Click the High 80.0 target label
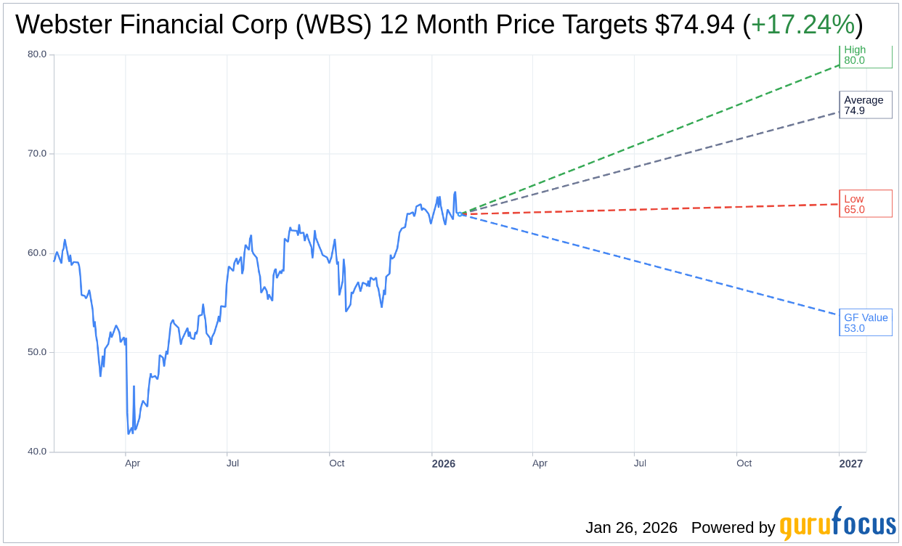coord(864,56)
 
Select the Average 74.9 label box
coord(865,105)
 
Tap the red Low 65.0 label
coord(865,204)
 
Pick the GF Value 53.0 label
coord(865,322)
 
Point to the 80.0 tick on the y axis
coord(37,54)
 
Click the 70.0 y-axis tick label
coord(37,154)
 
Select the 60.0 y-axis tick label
coord(37,253)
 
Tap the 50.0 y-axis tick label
coord(37,353)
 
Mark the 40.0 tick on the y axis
coord(37,452)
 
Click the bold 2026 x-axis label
coord(443,463)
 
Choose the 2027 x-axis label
coord(851,463)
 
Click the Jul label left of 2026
coord(232,463)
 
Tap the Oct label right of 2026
coord(744,463)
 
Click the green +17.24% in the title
coord(803,25)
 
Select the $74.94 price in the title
coord(694,25)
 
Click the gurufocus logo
coord(837,525)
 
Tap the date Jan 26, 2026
coord(631,528)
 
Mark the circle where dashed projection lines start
coord(460,213)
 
